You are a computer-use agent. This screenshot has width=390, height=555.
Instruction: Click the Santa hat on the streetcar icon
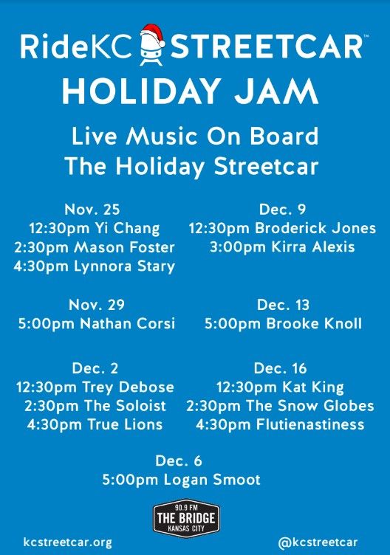click(x=153, y=35)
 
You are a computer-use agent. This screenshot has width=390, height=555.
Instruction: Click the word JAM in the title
click(x=276, y=92)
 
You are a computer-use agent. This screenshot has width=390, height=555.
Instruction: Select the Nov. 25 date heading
click(x=92, y=210)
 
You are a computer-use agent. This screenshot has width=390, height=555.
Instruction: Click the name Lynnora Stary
click(x=124, y=266)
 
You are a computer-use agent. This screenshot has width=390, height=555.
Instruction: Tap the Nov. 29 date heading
click(x=97, y=305)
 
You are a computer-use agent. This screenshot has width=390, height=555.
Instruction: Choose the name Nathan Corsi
click(x=128, y=323)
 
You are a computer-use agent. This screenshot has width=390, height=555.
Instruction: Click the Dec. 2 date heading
click(x=95, y=368)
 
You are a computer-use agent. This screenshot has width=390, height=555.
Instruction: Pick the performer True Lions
click(x=125, y=424)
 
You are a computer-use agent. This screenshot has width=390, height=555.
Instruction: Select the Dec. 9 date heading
click(x=282, y=210)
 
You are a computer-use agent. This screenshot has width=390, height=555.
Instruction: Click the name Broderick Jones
click(x=315, y=228)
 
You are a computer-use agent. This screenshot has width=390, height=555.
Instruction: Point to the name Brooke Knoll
click(x=314, y=323)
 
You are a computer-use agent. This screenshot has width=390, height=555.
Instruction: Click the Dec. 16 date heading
click(x=280, y=368)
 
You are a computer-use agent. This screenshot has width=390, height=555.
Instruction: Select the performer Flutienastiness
click(x=310, y=424)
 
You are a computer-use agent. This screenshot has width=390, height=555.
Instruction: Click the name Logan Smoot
click(x=212, y=480)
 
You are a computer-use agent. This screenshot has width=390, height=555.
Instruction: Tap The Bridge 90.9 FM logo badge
click(x=186, y=518)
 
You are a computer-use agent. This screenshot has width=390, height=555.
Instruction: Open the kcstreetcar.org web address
click(x=68, y=542)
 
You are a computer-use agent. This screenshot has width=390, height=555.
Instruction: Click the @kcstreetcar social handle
click(x=318, y=542)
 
